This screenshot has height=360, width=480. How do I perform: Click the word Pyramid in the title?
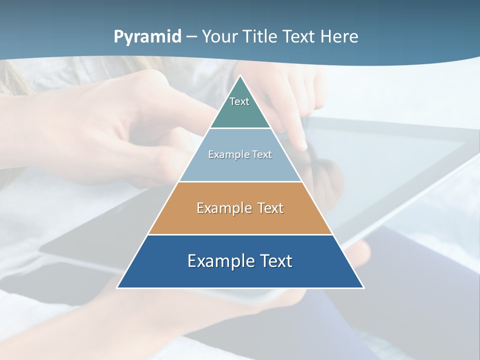click(147, 37)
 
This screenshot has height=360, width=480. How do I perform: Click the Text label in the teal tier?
click(239, 101)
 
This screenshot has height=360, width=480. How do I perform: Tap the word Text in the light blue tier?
click(262, 155)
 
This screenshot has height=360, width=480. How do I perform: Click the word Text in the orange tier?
click(270, 208)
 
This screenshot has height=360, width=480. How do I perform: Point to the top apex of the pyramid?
click(240, 76)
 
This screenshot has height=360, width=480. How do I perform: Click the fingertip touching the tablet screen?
click(302, 145)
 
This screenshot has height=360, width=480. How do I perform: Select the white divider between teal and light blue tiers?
click(240, 128)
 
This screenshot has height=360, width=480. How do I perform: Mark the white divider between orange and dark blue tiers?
click(240, 234)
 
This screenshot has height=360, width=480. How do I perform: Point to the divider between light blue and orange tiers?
click(240, 181)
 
